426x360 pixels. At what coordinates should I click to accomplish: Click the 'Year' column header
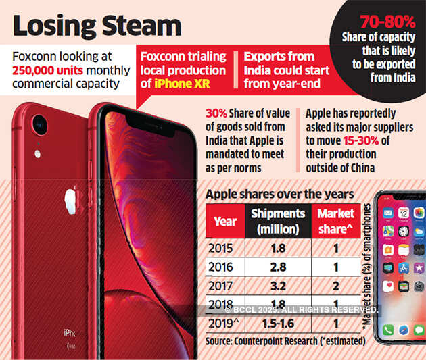pos(225,221)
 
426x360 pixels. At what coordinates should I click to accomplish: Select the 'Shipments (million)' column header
pos(279,221)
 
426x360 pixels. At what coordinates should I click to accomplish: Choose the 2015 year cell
pos(225,248)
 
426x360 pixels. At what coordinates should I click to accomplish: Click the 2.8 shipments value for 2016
pos(279,267)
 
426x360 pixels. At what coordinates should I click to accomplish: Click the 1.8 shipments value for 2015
pos(279,248)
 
